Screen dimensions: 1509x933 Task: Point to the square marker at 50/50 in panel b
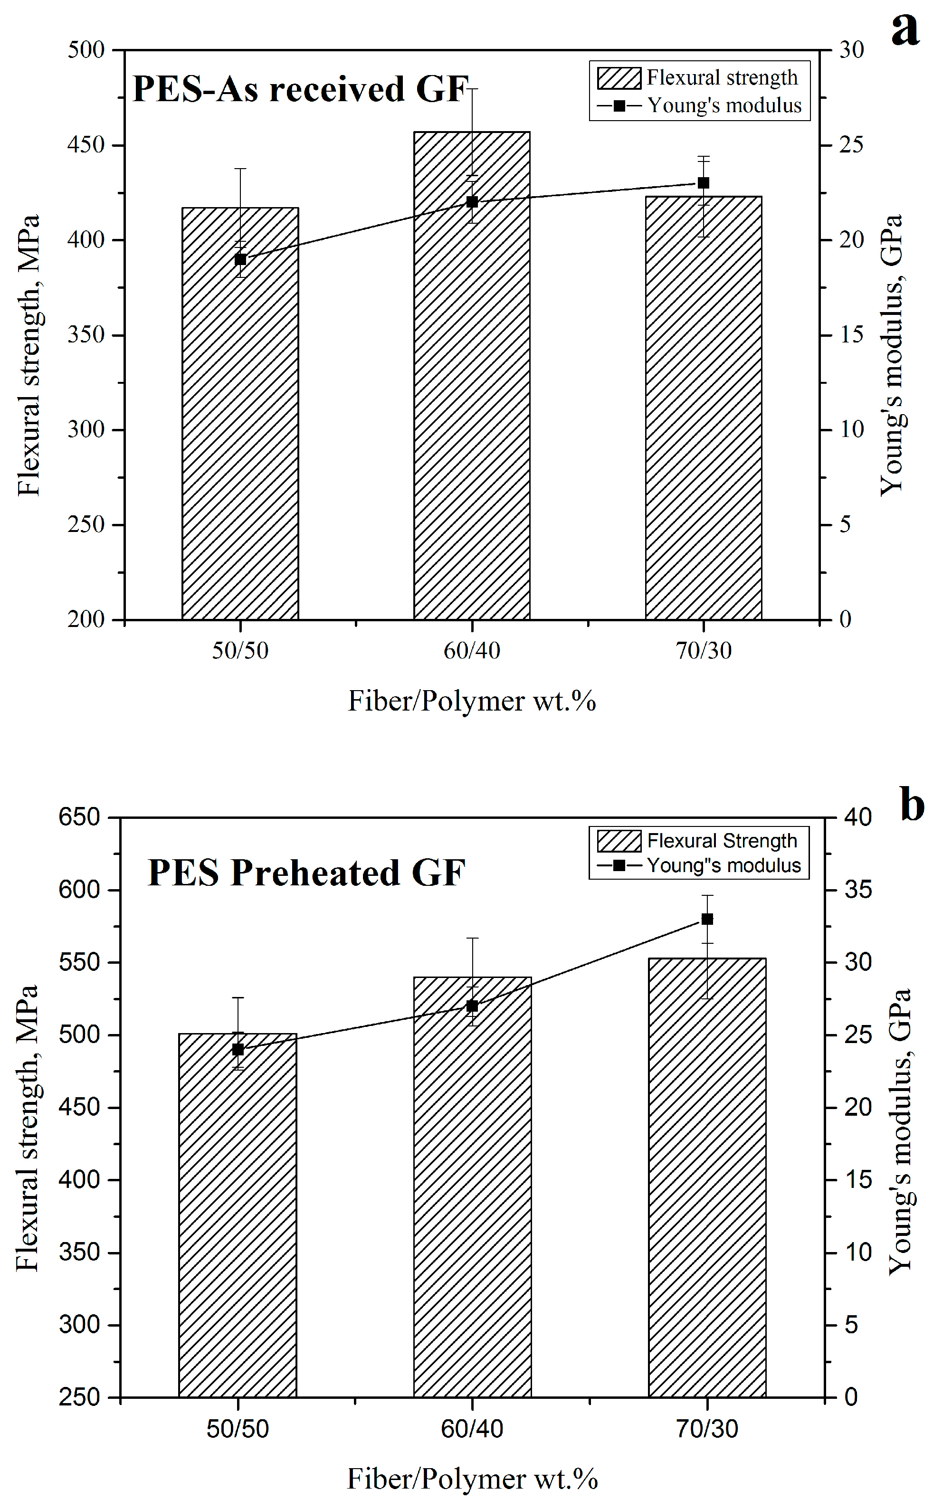click(238, 1049)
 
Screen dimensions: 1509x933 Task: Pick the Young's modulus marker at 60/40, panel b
click(472, 1006)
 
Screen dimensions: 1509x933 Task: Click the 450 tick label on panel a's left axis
click(86, 145)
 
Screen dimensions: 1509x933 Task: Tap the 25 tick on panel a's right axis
click(851, 144)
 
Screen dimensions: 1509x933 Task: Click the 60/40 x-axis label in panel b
click(472, 1429)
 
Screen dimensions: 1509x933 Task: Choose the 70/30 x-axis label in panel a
click(704, 650)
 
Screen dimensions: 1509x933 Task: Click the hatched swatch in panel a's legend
click(619, 78)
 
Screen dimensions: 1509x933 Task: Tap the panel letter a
click(905, 28)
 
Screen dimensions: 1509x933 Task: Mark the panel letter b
click(912, 805)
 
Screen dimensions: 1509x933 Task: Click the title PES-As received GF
click(301, 88)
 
